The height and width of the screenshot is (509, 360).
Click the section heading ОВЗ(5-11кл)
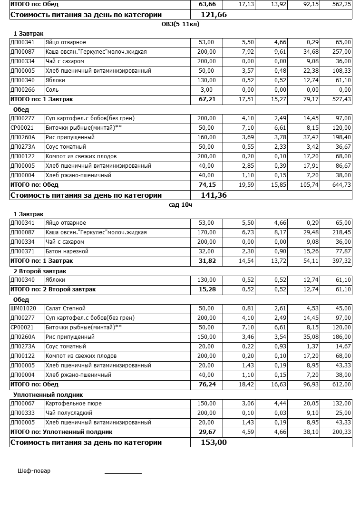coord(181,24)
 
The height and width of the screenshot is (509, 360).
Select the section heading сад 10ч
coord(181,205)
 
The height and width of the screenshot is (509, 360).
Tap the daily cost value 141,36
coord(214,195)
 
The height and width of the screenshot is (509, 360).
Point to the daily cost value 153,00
coord(214,442)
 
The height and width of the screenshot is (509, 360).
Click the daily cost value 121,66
coord(214,15)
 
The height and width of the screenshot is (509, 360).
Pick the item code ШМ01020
coord(23,308)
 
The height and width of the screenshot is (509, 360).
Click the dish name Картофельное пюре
coord(73,403)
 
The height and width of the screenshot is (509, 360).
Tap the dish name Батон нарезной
coord(67,251)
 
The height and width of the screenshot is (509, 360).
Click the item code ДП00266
coord(22,90)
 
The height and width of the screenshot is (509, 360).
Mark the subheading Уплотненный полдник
coord(48,394)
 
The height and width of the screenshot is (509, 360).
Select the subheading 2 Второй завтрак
coord(39,271)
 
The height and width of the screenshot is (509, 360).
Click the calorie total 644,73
coord(341,185)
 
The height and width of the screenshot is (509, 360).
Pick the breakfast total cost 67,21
coord(207,99)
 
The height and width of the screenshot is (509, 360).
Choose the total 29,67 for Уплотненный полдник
coord(207,432)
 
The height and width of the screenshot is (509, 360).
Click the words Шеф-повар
coord(34,471)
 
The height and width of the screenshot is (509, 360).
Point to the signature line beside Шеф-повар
coord(123,473)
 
